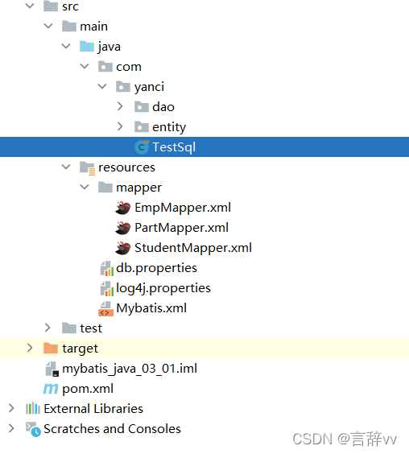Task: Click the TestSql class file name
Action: click(174, 147)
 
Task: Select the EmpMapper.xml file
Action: click(183, 208)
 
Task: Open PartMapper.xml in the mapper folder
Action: click(181, 228)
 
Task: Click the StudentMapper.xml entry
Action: click(193, 248)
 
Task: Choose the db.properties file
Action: click(156, 268)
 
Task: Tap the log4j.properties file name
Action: click(163, 288)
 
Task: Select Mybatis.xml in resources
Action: click(151, 308)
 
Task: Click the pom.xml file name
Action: click(88, 389)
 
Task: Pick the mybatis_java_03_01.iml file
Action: click(130, 369)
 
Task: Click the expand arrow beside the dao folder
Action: click(120, 106)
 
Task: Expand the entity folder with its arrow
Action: click(120, 126)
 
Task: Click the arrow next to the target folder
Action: click(30, 348)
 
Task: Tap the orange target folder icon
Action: click(51, 348)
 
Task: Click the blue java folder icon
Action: click(87, 47)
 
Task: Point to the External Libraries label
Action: click(93, 409)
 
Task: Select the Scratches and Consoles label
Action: click(112, 429)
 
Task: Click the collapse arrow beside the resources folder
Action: click(66, 167)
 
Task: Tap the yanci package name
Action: click(149, 87)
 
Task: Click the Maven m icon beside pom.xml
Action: click(51, 389)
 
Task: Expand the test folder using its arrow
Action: click(48, 328)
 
